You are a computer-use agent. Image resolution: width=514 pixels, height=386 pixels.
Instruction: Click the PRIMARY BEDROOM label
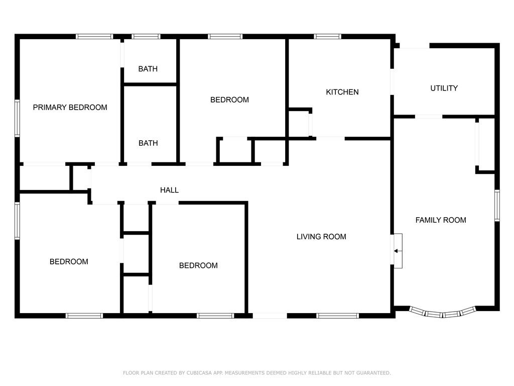pos(70,108)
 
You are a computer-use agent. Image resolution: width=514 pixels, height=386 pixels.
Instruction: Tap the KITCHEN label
pos(342,92)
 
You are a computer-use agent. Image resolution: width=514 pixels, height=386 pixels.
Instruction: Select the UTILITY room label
pos(444,88)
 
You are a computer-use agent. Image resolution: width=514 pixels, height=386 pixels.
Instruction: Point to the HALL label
pos(169,189)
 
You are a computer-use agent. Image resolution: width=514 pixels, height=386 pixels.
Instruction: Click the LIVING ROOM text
pos(321,237)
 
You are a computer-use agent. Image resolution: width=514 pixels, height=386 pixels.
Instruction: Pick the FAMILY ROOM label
pos(441,220)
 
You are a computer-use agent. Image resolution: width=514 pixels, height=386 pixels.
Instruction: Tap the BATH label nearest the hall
pos(148,143)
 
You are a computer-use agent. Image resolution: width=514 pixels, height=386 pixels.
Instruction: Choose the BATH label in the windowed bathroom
pos(148,69)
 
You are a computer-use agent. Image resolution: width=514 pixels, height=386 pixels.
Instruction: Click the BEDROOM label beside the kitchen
pos(229,100)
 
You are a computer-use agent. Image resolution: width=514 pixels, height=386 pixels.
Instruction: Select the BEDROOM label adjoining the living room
pos(198,265)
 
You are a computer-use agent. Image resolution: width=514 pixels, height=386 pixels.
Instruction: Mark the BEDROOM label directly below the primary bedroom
pos(69,261)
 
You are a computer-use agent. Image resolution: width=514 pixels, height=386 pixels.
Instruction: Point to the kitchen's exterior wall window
pos(327,36)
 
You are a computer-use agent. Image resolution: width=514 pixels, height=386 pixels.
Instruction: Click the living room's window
pos(338,316)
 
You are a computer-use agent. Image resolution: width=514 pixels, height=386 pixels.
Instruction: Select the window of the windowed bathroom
pos(146,36)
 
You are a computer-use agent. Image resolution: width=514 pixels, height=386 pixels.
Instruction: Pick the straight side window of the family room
pos(497,206)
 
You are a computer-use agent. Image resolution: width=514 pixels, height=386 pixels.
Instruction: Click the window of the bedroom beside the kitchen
pos(225,36)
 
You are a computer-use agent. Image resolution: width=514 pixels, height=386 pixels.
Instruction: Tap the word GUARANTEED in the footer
pos(373,373)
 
